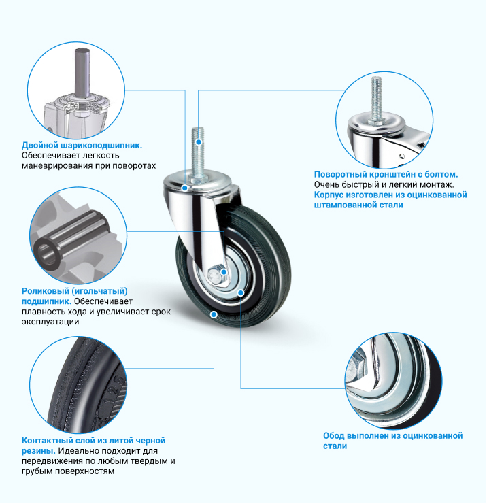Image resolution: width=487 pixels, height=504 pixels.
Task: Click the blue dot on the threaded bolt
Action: click(x=199, y=141)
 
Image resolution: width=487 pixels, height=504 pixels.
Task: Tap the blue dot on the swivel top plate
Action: click(x=185, y=188)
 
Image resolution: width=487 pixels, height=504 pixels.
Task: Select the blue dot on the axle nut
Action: click(x=224, y=272)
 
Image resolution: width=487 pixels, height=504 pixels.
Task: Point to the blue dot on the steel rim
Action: click(x=241, y=292)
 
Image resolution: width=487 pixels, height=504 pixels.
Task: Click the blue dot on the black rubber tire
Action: click(x=214, y=314)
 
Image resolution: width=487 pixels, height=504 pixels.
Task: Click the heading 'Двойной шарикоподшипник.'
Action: click(x=82, y=146)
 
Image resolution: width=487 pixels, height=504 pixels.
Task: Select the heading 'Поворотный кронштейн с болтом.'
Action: click(x=386, y=174)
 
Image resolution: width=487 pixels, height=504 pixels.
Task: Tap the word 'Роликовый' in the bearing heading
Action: click(x=45, y=291)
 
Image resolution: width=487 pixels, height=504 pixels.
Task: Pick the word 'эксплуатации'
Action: click(x=50, y=322)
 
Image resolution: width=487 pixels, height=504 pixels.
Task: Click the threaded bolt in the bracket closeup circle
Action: click(x=377, y=99)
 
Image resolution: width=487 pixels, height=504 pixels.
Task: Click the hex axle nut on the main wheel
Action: click(x=217, y=274)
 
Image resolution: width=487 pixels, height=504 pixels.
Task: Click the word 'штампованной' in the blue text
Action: click(x=346, y=205)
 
